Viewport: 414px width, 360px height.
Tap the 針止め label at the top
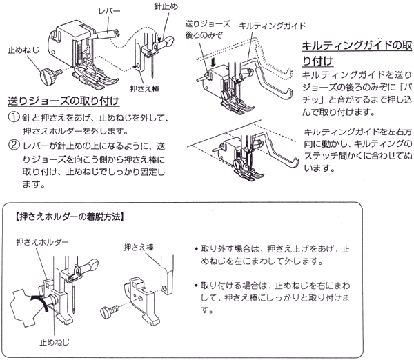[x=168, y=6]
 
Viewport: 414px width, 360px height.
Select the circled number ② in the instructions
[x=14, y=146]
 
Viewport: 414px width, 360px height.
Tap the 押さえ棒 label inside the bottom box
[x=137, y=246]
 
